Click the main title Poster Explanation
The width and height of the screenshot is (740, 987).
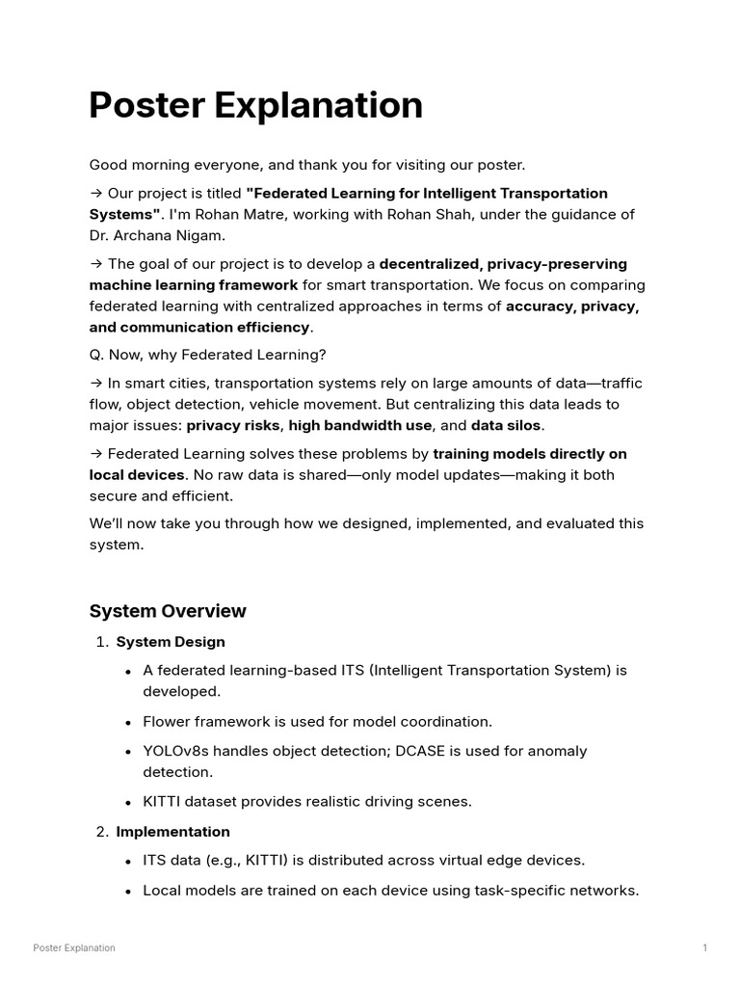pyautogui.click(x=255, y=106)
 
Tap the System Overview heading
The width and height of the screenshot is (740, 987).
pyautogui.click(x=168, y=611)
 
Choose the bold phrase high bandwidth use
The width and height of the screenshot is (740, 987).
pyautogui.click(x=360, y=425)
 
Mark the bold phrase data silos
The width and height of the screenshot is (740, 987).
pyautogui.click(x=507, y=425)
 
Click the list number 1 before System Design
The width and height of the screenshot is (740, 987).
pyautogui.click(x=101, y=642)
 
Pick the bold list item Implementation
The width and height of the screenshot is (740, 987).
pyautogui.click(x=173, y=831)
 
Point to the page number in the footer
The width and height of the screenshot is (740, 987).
pyautogui.click(x=704, y=948)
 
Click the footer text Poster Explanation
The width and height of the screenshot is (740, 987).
pyautogui.click(x=74, y=948)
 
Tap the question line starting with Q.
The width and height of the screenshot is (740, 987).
pyautogui.click(x=208, y=355)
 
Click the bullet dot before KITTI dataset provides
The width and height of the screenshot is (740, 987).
pyautogui.click(x=128, y=802)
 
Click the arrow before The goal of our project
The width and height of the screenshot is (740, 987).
pyautogui.click(x=96, y=264)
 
